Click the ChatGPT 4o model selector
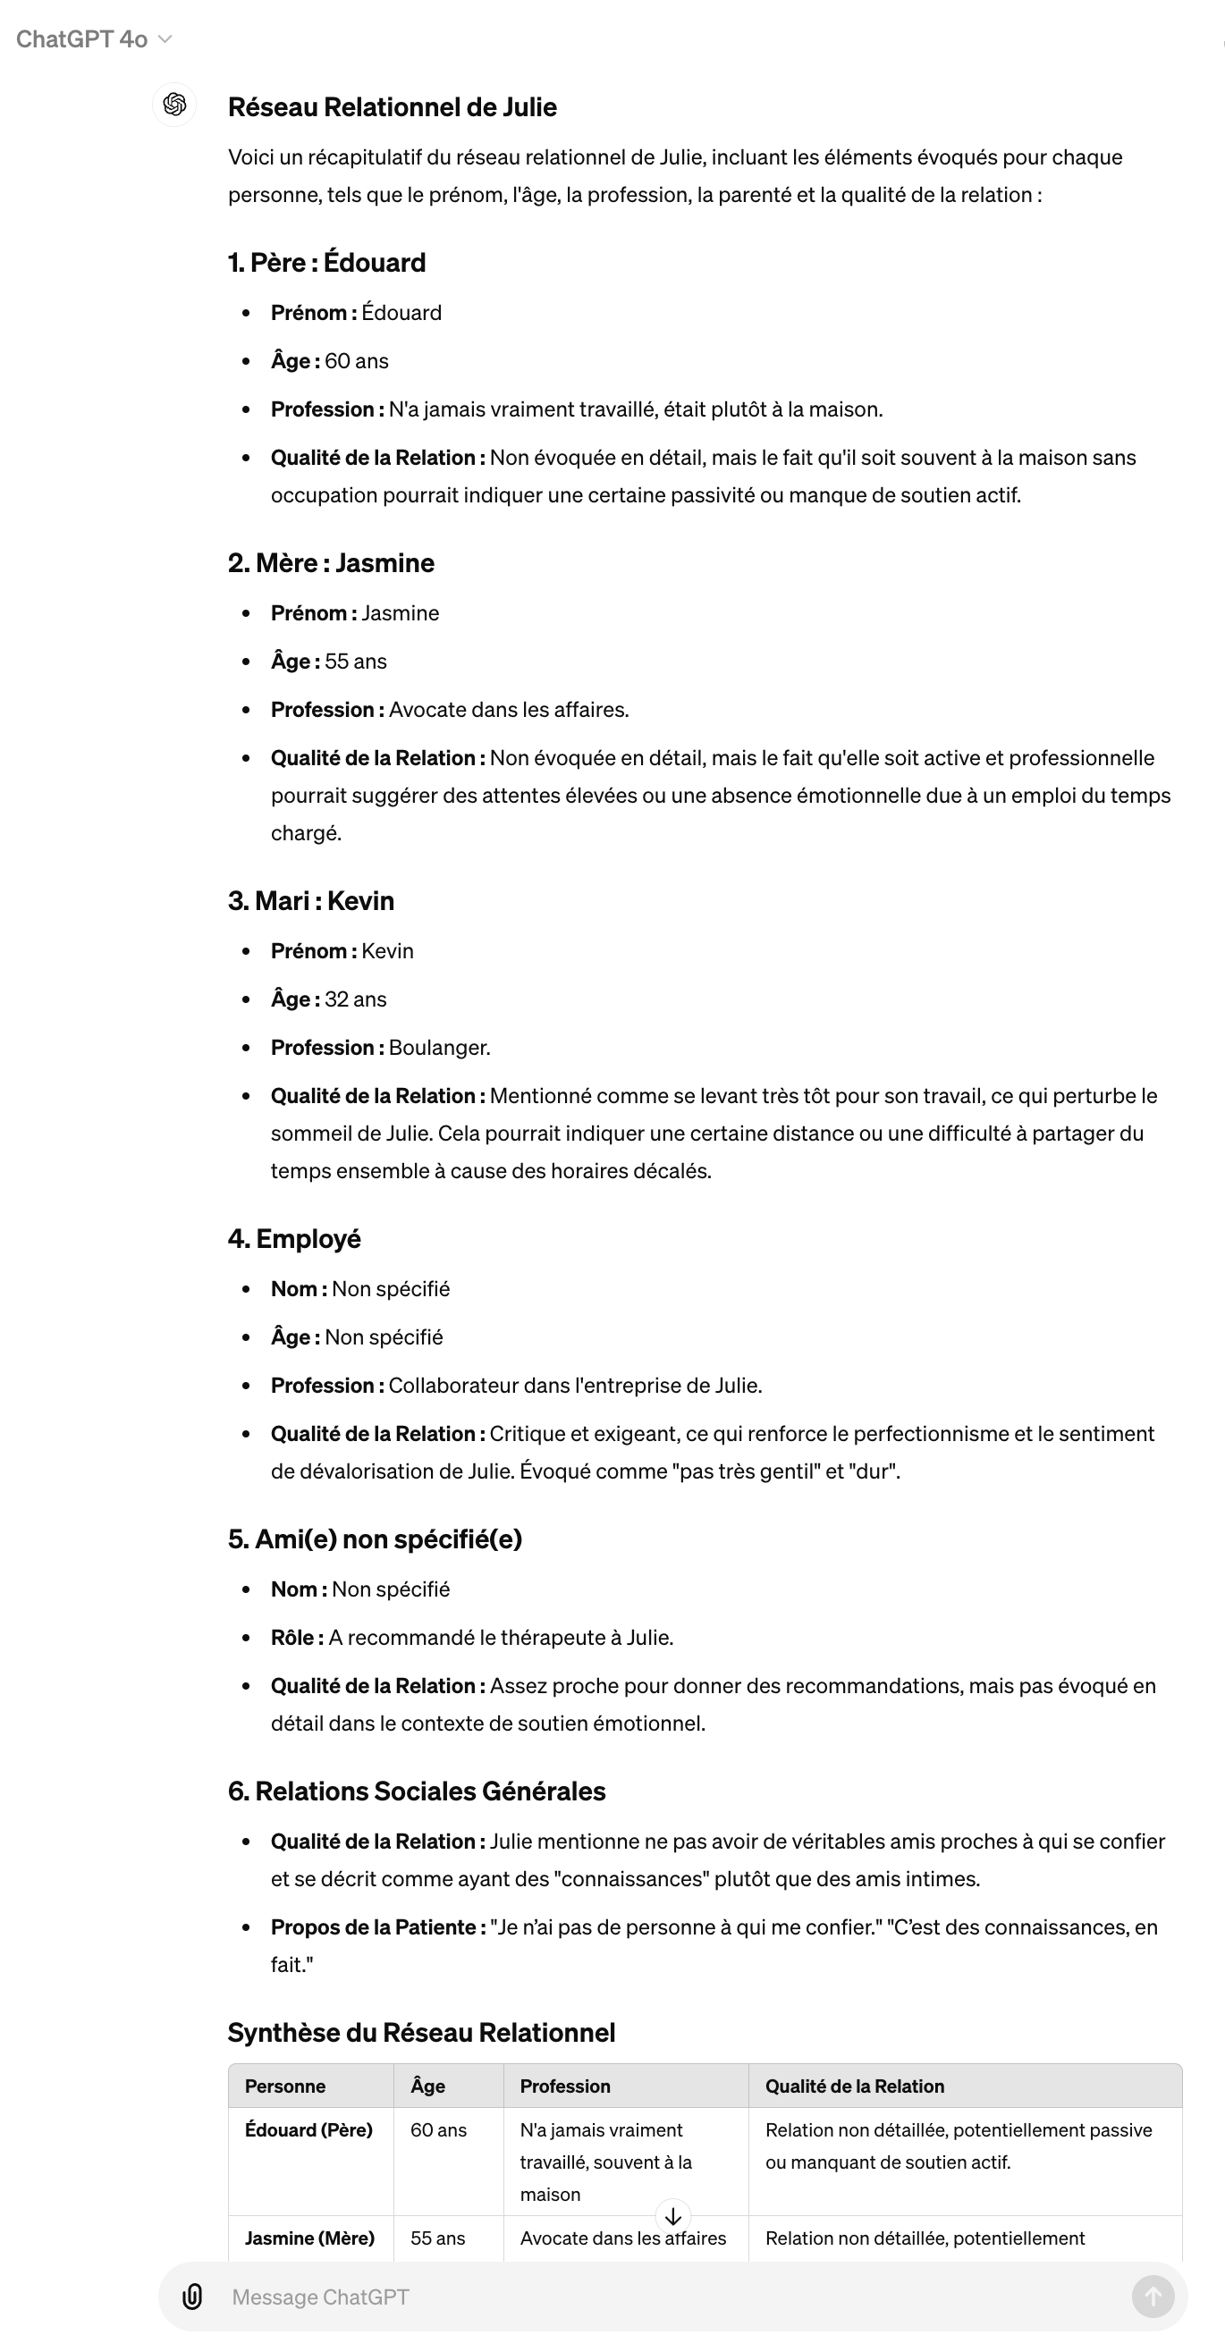coord(93,39)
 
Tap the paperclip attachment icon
coord(192,2296)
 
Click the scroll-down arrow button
coord(672,2216)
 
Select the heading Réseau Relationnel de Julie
coord(392,107)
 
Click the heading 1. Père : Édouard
coord(326,262)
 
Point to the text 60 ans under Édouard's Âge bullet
coord(357,361)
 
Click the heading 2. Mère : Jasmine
coord(331,563)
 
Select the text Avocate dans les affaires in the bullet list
coord(508,710)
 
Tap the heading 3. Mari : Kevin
coord(311,901)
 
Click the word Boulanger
coord(439,1048)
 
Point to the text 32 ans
coord(356,999)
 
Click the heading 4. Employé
coord(294,1239)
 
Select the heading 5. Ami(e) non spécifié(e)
coord(375,1539)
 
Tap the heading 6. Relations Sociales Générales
coord(416,1791)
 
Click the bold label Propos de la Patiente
coord(374,1927)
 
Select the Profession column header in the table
coord(565,2086)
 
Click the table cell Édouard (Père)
coord(308,2130)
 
